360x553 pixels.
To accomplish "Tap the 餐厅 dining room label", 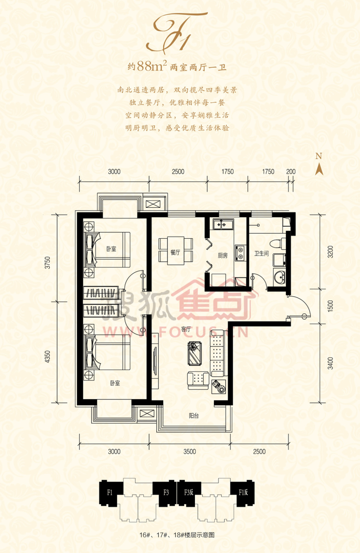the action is pyautogui.click(x=175, y=253).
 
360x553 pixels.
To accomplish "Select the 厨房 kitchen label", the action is pyautogui.click(x=223, y=255).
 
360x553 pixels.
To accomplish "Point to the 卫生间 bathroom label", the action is pyautogui.click(x=261, y=253).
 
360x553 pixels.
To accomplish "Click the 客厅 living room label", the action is pyautogui.click(x=186, y=329).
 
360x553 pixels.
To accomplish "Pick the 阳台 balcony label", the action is pyautogui.click(x=194, y=416).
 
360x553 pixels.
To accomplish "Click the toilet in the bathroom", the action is pyautogui.click(x=278, y=244).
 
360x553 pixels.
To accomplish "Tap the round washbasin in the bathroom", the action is pyautogui.click(x=280, y=277).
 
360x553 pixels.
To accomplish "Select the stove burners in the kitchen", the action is pyautogui.click(x=240, y=253).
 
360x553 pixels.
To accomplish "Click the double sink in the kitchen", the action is pyautogui.click(x=224, y=224).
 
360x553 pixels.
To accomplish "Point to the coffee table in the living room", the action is pyautogui.click(x=195, y=353).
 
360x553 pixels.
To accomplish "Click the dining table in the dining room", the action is pyautogui.click(x=176, y=251).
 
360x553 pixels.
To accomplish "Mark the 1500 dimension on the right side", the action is pyautogui.click(x=330, y=306).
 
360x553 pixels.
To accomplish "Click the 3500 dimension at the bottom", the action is pyautogui.click(x=189, y=452).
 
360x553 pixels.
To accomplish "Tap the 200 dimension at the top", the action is pyautogui.click(x=291, y=171).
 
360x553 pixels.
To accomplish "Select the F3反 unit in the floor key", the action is pyautogui.click(x=189, y=492).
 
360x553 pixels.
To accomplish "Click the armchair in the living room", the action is pyautogui.click(x=198, y=381).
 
